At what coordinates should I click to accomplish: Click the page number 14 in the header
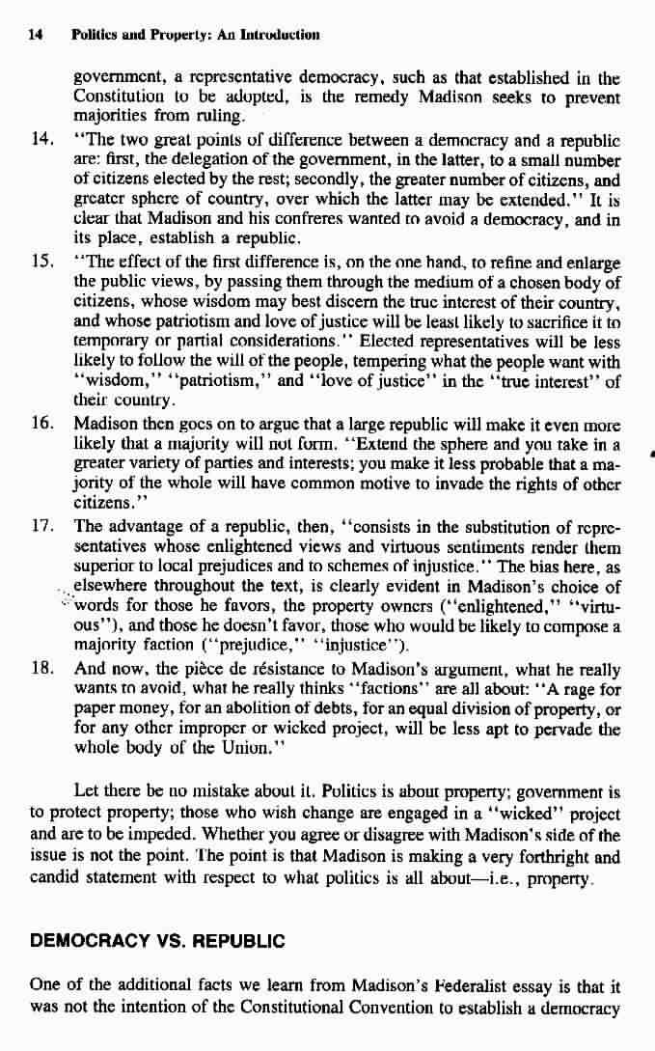[36, 35]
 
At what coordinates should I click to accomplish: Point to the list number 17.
[43, 526]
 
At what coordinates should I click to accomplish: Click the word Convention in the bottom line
[392, 1008]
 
